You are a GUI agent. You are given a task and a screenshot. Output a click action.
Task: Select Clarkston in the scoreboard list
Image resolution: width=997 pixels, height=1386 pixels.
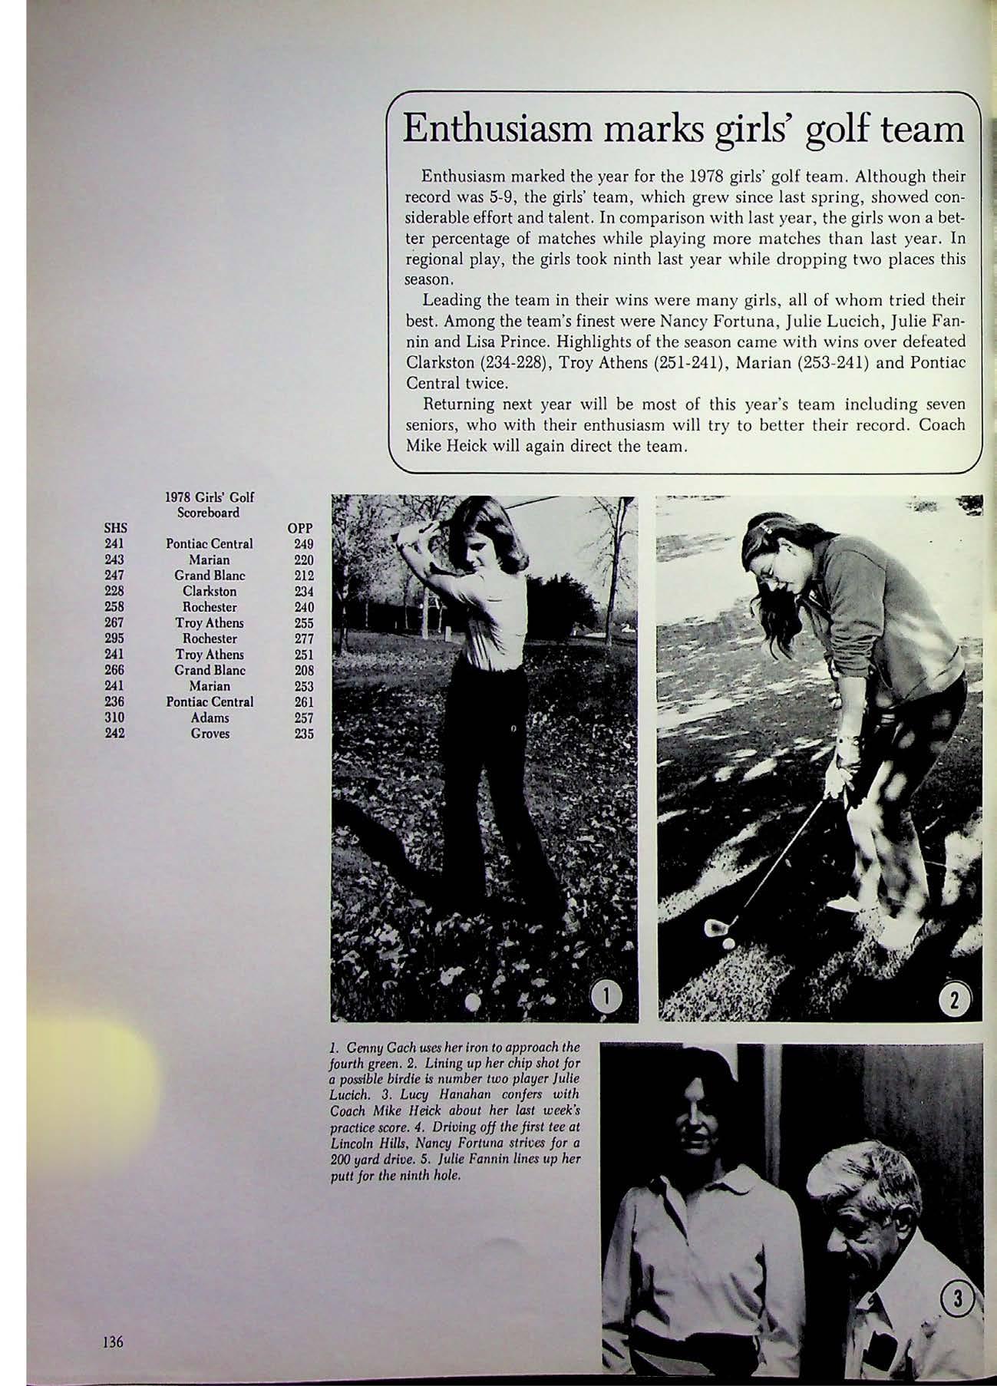(210, 592)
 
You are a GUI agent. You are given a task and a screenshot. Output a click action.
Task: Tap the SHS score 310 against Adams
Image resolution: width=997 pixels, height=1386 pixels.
(114, 718)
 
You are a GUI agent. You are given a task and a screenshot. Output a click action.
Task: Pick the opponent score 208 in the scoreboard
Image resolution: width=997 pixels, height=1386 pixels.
(304, 670)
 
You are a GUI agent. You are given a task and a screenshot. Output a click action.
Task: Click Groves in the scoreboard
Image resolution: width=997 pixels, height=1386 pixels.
(210, 734)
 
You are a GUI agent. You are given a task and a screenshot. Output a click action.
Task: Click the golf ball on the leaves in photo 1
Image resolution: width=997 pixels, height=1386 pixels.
(474, 1001)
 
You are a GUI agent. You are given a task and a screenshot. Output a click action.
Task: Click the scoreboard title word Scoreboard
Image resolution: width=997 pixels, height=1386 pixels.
(210, 512)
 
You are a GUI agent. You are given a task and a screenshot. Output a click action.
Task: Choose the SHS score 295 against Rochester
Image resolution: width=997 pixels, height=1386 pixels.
(114, 639)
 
